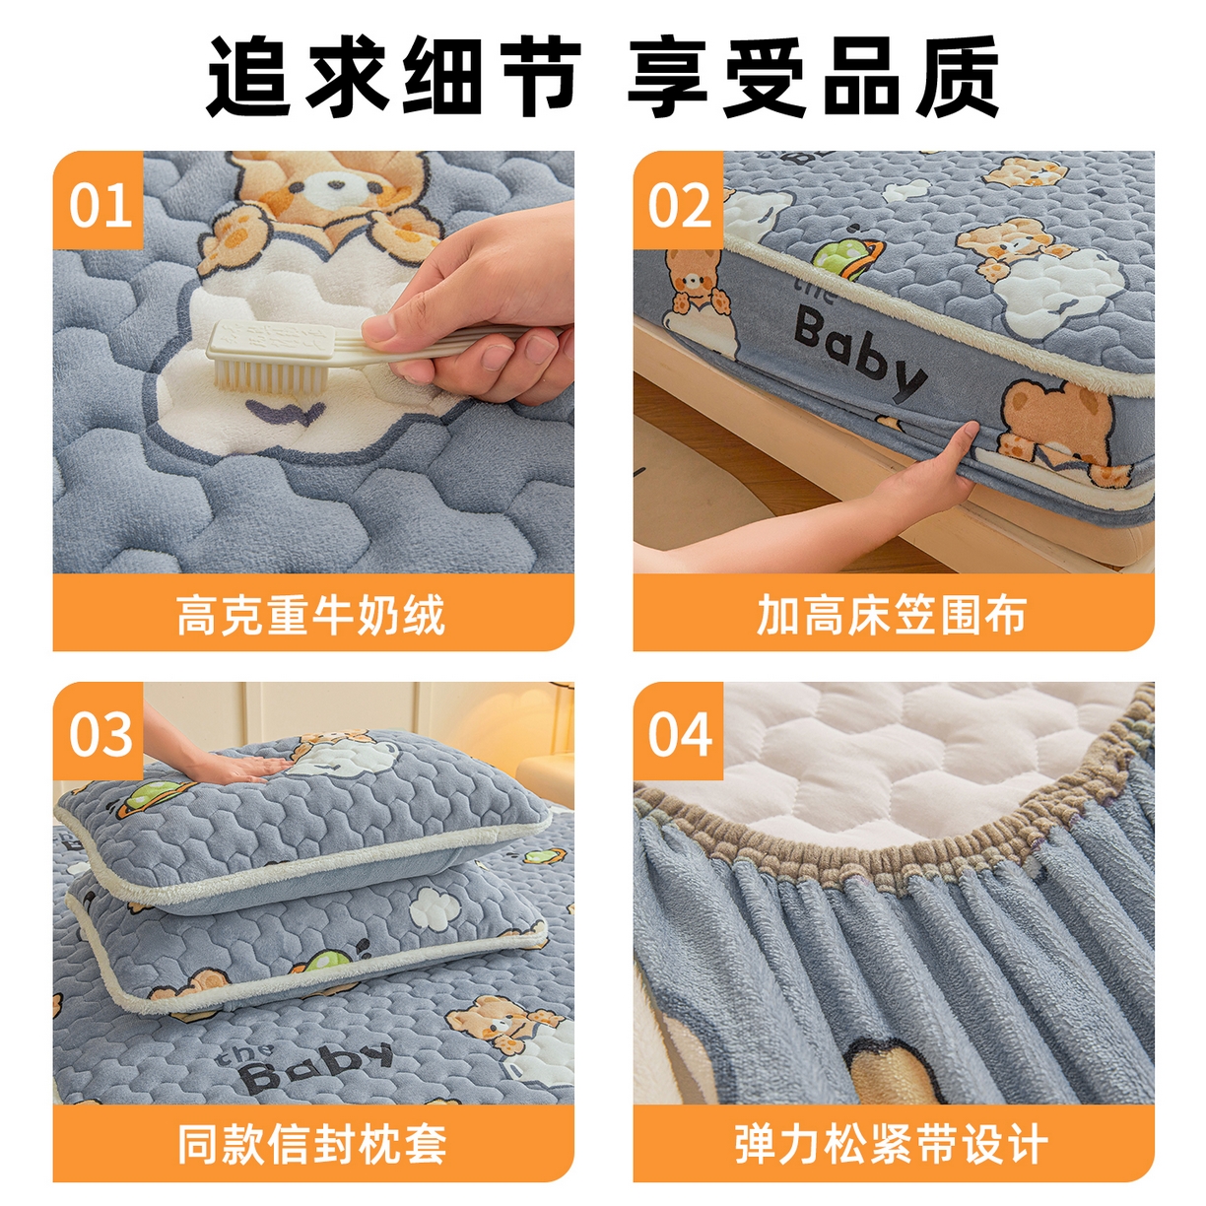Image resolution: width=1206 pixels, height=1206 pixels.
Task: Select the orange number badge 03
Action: click(x=99, y=734)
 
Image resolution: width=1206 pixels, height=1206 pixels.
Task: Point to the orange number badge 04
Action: click(x=679, y=734)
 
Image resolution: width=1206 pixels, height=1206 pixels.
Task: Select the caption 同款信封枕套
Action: click(x=312, y=1145)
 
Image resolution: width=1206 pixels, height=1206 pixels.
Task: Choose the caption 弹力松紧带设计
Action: click(x=893, y=1145)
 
